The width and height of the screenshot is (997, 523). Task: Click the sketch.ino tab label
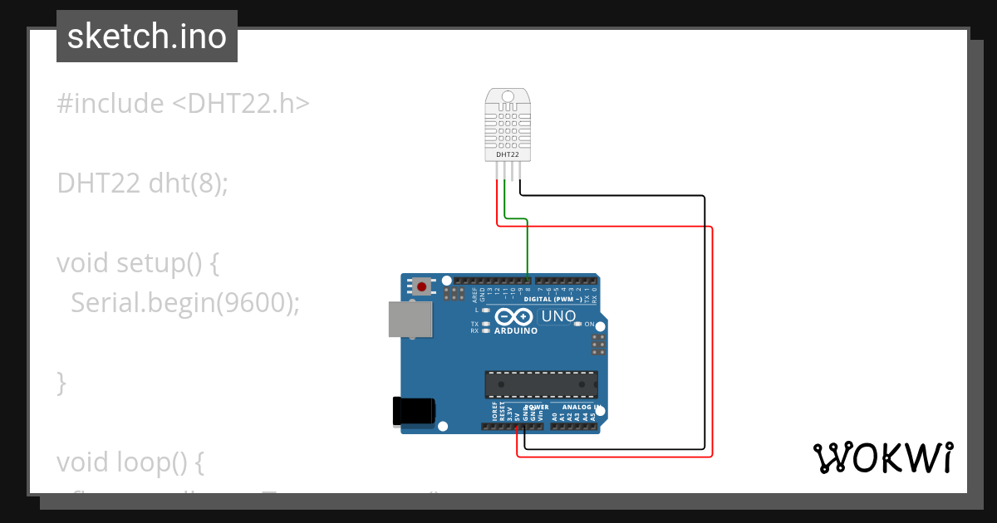click(x=147, y=37)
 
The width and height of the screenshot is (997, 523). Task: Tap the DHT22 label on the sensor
click(x=508, y=154)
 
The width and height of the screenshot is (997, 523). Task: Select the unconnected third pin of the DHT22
click(x=513, y=170)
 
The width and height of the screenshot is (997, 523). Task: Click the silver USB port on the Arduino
click(x=410, y=320)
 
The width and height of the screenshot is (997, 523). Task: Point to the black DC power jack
click(x=413, y=412)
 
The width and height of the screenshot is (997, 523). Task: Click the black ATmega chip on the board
click(x=541, y=384)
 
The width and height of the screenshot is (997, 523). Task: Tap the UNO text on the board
click(x=558, y=316)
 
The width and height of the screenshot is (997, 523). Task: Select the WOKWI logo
click(x=882, y=457)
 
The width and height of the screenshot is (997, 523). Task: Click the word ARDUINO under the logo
click(x=516, y=330)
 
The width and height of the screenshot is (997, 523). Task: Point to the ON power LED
click(x=578, y=324)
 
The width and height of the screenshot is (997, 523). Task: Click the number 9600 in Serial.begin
click(x=253, y=303)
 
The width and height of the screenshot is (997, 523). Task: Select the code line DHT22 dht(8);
click(x=142, y=183)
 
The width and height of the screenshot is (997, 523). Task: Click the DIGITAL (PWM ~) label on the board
click(x=553, y=299)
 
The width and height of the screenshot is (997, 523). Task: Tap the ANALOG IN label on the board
click(x=581, y=408)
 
